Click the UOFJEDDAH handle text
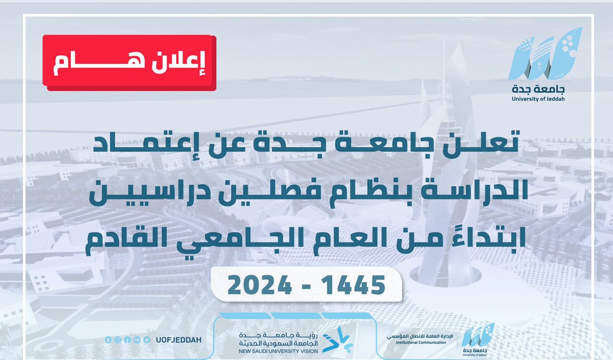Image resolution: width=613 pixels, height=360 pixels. [x=175, y=340]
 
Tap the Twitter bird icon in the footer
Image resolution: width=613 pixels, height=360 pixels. [x=147, y=340]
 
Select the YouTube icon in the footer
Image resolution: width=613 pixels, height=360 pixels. [x=137, y=340]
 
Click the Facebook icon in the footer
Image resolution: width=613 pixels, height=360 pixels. [x=128, y=340]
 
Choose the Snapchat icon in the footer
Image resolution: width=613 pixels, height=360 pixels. [x=108, y=340]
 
